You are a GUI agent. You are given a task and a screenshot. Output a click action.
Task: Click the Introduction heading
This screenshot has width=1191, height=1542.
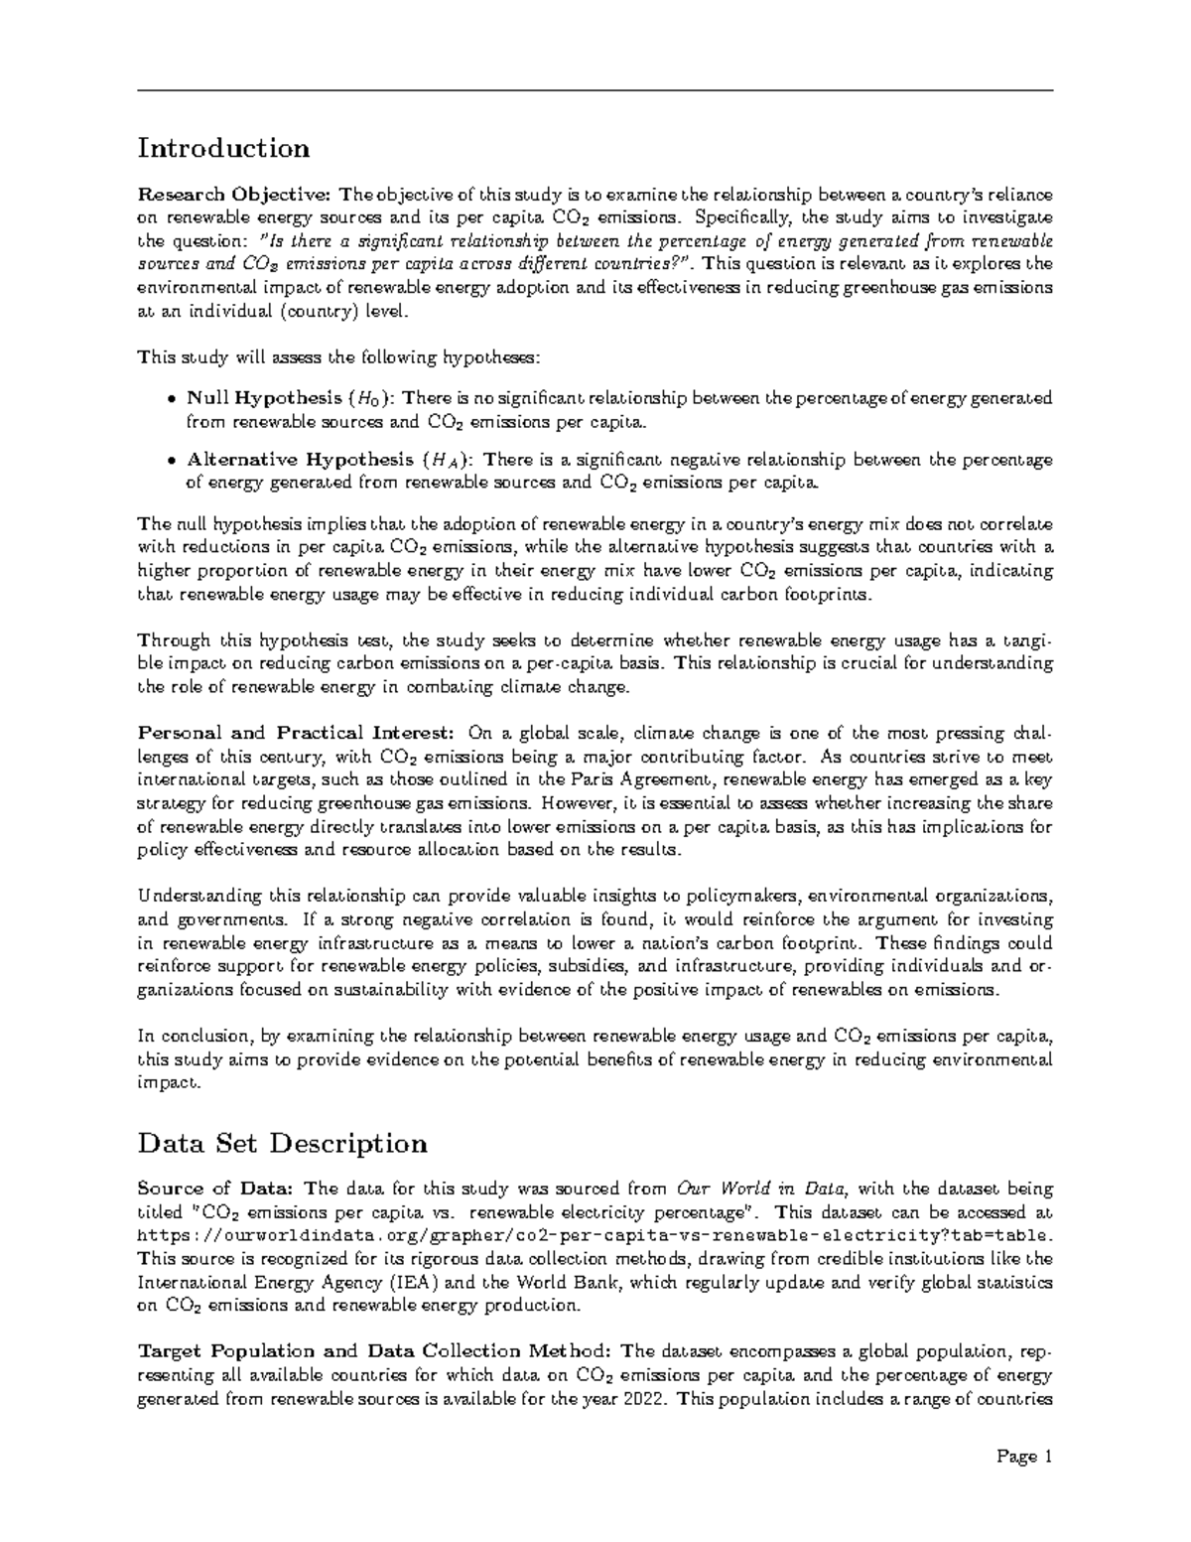pyautogui.click(x=223, y=149)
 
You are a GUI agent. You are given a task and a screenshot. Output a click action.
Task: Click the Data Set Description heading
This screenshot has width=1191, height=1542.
pyautogui.click(x=282, y=1144)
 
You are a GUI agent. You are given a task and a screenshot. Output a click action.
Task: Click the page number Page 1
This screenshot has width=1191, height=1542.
pyautogui.click(x=1024, y=1458)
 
